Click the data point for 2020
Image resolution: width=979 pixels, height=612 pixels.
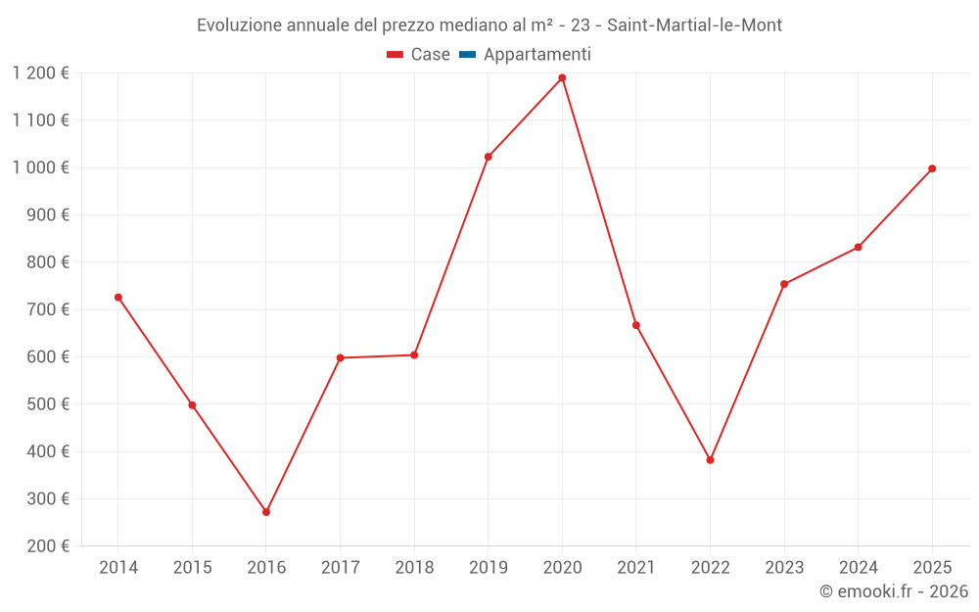[562, 78]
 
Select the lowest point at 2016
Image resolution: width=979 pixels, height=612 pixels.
[266, 512]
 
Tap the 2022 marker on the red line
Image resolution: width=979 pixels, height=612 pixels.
[710, 460]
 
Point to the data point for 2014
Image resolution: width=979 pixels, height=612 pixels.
[118, 298]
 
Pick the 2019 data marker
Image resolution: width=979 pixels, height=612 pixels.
[489, 157]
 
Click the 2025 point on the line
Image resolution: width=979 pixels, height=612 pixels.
[932, 168]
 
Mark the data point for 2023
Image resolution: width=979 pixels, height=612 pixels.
[784, 284]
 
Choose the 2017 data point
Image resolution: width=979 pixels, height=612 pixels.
[340, 357]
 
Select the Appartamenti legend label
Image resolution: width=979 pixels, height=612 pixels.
[536, 55]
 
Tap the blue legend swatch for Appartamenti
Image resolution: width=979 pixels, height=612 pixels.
[467, 55]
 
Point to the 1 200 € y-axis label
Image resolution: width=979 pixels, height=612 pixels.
[41, 73]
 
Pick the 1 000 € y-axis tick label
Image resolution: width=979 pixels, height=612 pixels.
[41, 167]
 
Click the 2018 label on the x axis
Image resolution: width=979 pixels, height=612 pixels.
[414, 568]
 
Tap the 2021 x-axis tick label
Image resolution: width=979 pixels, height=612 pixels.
[636, 568]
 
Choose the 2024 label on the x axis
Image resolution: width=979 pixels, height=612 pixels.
[858, 568]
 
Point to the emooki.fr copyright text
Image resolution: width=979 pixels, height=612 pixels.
[893, 591]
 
